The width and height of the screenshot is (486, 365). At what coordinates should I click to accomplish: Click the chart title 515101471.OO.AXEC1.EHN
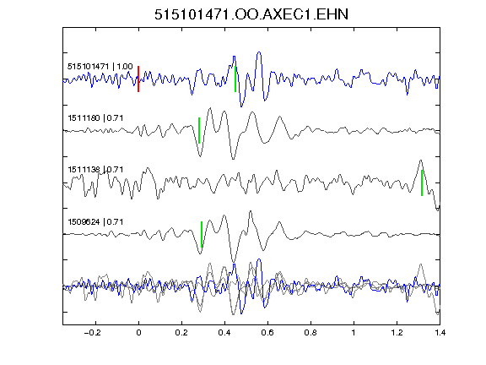click(251, 14)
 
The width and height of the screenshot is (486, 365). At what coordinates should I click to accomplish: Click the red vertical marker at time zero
click(138, 79)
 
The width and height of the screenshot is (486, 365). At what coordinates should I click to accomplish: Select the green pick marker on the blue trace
click(235, 79)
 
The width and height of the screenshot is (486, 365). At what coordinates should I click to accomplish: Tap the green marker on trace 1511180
click(199, 130)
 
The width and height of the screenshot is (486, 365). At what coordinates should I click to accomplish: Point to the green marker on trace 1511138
click(422, 182)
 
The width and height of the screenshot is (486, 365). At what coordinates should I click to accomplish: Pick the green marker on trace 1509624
click(202, 234)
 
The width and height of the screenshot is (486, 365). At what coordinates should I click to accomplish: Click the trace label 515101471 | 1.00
click(100, 67)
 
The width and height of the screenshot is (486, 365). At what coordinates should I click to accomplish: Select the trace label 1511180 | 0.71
click(95, 118)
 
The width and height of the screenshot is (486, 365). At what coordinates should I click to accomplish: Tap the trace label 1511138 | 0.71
click(95, 170)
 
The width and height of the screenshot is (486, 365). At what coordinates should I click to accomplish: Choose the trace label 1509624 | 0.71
click(95, 222)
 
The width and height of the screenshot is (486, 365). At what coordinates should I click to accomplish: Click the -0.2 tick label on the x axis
click(92, 333)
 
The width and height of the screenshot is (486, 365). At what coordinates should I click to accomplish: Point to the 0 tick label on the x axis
click(138, 333)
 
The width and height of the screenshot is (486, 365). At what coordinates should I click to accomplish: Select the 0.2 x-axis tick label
click(181, 333)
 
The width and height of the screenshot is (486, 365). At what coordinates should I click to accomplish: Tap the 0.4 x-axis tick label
click(224, 333)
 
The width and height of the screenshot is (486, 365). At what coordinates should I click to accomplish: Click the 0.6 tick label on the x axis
click(267, 333)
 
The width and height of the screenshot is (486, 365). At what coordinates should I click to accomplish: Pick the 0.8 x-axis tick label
click(310, 333)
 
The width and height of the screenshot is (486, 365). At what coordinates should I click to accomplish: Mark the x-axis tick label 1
click(354, 333)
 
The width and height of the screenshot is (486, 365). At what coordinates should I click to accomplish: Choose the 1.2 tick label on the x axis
click(397, 333)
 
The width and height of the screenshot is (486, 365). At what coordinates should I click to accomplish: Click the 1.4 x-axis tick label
click(440, 333)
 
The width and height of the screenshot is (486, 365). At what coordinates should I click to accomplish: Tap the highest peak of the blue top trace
click(259, 52)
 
